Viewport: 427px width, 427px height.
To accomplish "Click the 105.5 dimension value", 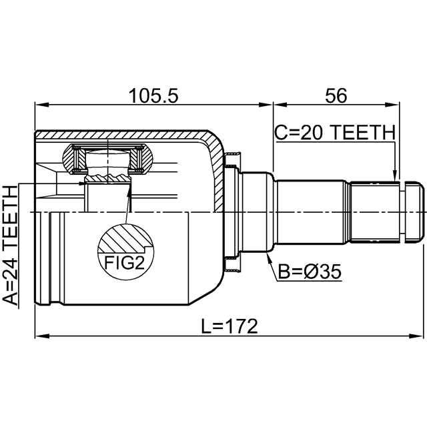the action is pos(153,96).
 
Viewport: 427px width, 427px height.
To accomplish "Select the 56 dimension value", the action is pos(336,96).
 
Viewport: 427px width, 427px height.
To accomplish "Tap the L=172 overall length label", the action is pos(230,326).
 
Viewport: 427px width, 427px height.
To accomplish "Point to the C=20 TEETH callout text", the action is pos(335,132).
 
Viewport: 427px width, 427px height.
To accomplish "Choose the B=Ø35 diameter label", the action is pos(310,272).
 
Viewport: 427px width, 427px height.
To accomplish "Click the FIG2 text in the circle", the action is pos(124,262).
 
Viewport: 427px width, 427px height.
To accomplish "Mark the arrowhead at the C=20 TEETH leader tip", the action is pos(394,176).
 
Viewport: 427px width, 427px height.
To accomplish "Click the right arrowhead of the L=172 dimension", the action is pos(416,336).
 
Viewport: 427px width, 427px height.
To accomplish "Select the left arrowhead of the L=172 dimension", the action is pos(42,336).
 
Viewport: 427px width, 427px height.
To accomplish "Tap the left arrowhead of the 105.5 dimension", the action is pos(42,105).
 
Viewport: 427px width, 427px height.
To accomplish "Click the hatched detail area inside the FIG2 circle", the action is pos(124,238).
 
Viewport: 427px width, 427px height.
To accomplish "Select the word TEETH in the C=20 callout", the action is pos(364,132).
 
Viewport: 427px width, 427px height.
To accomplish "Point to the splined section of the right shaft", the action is pos(375,212).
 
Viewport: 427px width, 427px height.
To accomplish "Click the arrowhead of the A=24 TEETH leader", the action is pos(81,183).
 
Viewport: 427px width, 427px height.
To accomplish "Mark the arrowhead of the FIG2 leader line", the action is pos(129,189).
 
